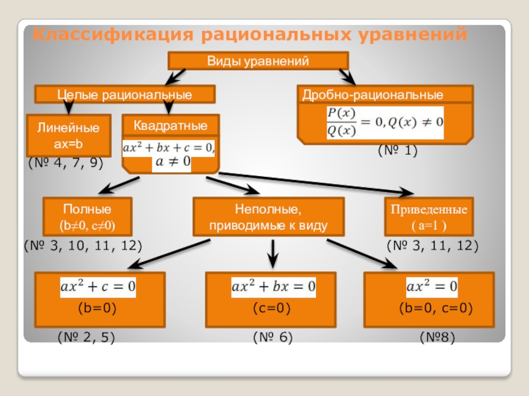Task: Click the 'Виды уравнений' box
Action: [258, 61]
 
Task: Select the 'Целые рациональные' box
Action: [124, 94]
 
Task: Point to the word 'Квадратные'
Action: [170, 125]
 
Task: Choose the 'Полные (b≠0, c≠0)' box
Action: [87, 217]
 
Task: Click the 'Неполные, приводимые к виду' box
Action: [268, 217]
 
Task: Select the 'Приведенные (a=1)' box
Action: [428, 217]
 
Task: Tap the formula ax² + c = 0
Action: [98, 286]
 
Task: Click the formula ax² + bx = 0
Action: [272, 286]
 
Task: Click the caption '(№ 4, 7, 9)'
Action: [65, 162]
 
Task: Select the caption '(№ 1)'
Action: [398, 151]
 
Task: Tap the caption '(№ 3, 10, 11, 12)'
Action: [83, 246]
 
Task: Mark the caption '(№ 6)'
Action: [272, 337]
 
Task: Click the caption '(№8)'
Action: [438, 337]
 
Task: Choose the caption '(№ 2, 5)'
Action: [87, 337]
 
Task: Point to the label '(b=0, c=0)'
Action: [436, 308]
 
